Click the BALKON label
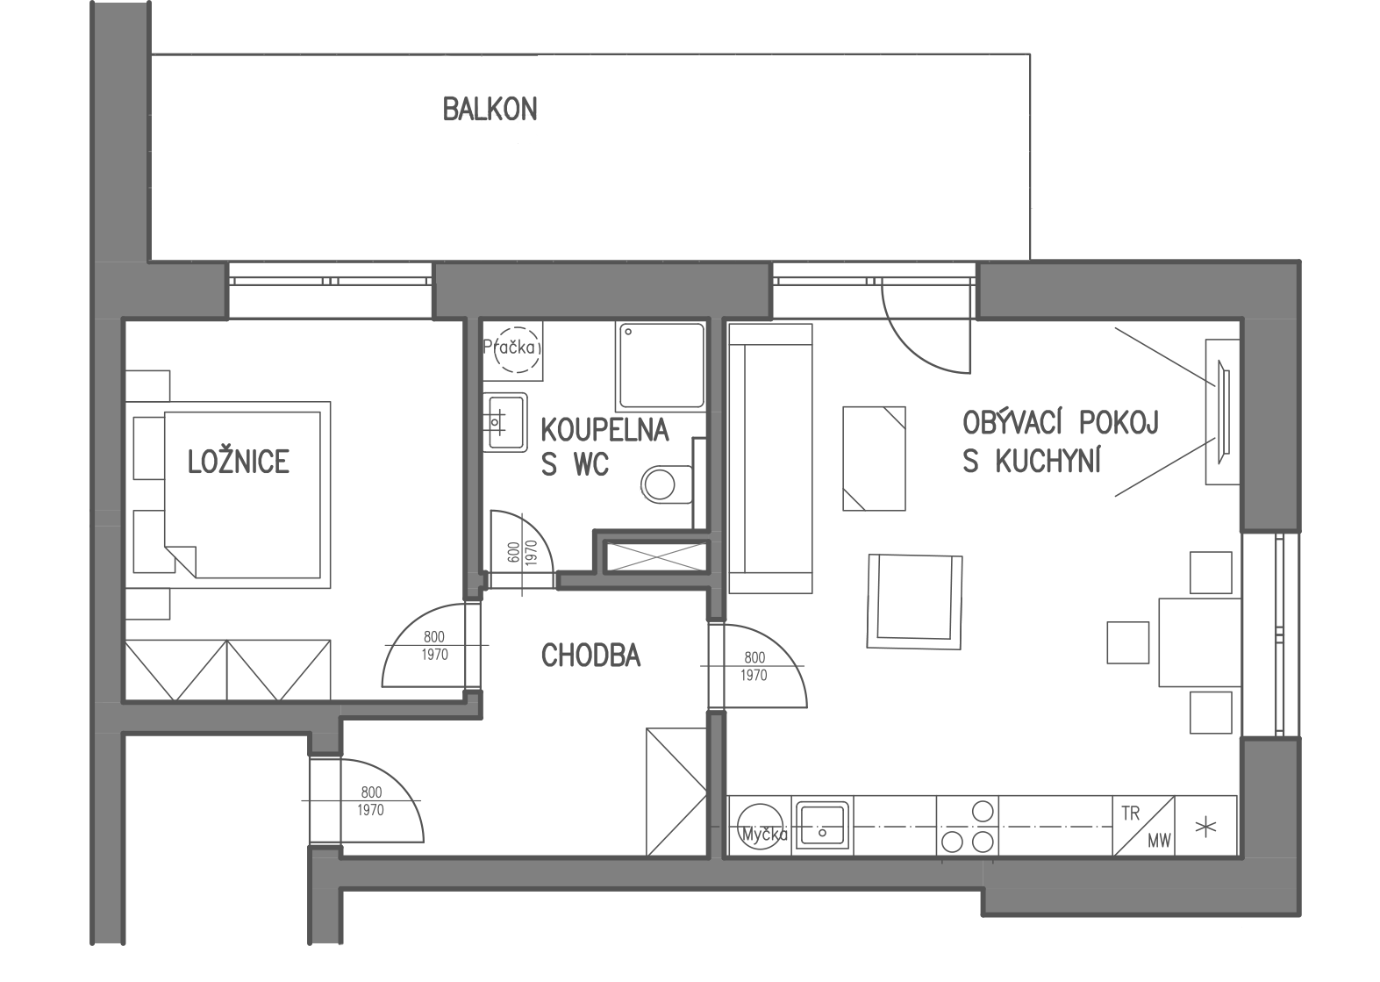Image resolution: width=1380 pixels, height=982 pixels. tap(490, 109)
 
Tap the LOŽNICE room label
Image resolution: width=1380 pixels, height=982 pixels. tap(239, 462)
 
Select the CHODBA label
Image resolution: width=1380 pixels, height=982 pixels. tap(590, 656)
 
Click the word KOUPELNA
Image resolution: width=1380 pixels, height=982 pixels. tap(605, 430)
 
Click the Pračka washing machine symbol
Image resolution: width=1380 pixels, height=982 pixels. tap(513, 349)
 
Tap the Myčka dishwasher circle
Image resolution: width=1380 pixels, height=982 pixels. tap(761, 827)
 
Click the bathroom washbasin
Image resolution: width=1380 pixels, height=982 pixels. tap(504, 422)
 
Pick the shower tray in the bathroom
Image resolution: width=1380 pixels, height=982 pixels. tap(661, 366)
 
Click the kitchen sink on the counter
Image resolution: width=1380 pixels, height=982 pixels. tap(822, 824)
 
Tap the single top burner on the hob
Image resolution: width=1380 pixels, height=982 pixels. tap(983, 811)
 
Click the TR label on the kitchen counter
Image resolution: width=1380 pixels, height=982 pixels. tap(1131, 814)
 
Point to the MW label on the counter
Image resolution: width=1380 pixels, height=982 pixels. tap(1159, 841)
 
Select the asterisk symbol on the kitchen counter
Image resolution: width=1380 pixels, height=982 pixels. tap(1205, 828)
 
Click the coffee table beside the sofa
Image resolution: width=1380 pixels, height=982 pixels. tap(874, 458)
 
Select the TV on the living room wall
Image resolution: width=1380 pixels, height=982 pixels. tap(1223, 412)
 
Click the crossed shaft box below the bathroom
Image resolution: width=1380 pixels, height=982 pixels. tap(656, 556)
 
